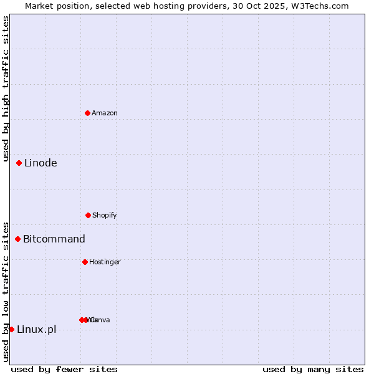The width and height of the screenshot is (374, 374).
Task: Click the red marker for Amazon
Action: point(87,113)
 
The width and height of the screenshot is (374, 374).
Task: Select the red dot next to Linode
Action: point(19,163)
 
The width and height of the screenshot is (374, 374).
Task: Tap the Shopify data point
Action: point(88,215)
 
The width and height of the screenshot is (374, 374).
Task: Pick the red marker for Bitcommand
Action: point(18,239)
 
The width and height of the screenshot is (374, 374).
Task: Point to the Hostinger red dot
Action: point(85,262)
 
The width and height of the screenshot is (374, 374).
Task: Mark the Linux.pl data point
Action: point(12,329)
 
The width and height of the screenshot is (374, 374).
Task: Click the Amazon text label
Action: point(105,113)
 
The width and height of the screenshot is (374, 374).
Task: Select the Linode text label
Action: point(41,163)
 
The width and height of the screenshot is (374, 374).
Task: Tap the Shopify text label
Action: point(105,215)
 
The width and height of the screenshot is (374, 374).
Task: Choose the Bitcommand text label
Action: point(54,239)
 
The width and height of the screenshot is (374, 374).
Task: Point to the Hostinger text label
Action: point(105,262)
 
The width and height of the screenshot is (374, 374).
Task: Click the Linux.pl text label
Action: point(36,330)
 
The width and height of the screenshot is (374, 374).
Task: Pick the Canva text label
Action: point(100,320)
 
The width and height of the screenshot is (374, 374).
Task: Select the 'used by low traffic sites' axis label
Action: point(6,292)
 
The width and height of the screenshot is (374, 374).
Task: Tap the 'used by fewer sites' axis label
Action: point(64,369)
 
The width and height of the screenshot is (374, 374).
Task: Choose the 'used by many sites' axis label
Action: point(313,369)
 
